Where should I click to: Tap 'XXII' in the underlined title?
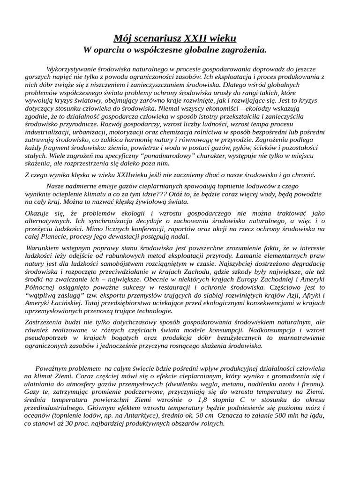tap(203, 38)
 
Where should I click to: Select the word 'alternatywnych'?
tap(48, 221)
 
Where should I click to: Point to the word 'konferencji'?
tap(143, 229)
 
